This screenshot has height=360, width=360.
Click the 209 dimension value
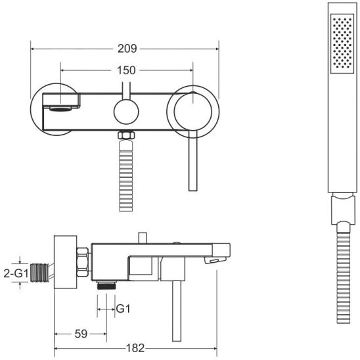point(127,49)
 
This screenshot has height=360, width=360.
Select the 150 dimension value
point(126,70)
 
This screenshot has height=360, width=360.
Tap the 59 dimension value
point(81,334)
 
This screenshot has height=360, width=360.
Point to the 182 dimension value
point(135,348)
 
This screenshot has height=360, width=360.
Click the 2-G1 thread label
point(16,273)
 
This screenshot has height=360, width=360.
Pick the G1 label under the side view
point(124,309)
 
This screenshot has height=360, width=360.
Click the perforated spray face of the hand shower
point(342,43)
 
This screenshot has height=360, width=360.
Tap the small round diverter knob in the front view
point(126,112)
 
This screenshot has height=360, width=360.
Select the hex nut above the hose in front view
point(126,135)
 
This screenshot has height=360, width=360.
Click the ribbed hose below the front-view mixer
point(126,175)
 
